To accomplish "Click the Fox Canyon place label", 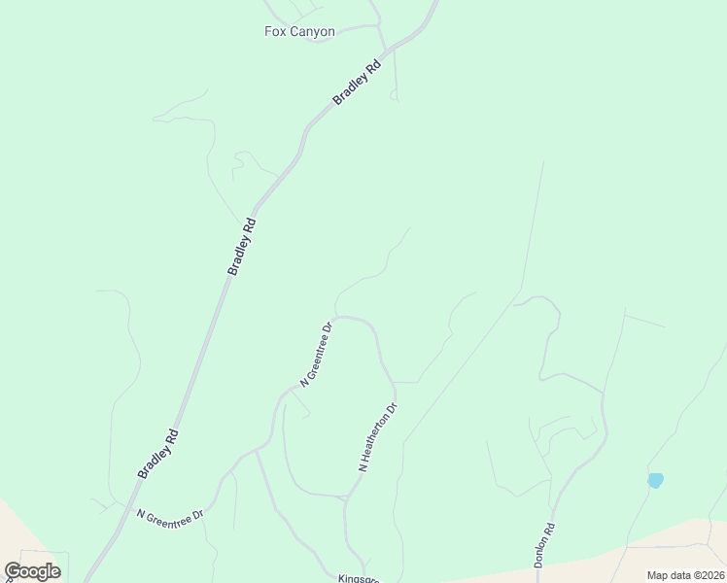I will tap(299, 32).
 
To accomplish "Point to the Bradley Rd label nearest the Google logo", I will tap(157, 454).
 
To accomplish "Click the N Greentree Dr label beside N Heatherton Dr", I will tap(317, 355).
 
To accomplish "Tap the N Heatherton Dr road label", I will tap(379, 438).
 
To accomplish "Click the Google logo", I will tap(32, 571).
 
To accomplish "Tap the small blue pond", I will tap(656, 480).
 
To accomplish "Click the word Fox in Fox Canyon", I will tap(275, 32).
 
